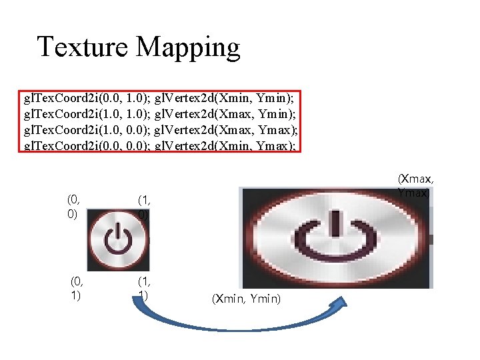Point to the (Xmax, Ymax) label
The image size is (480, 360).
coord(416,185)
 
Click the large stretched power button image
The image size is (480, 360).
coord(336,237)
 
